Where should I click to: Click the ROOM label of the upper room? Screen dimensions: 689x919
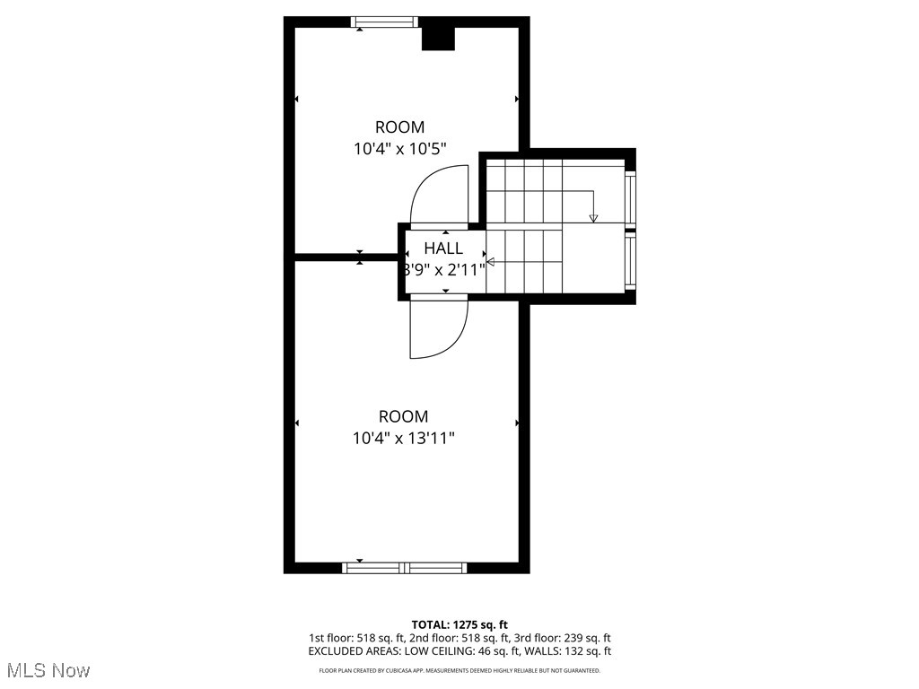click(399, 127)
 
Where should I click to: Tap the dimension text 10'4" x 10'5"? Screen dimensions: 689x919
click(399, 149)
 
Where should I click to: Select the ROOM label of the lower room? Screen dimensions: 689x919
click(403, 416)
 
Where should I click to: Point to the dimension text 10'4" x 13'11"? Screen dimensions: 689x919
click(403, 438)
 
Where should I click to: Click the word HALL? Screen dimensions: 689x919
click(443, 249)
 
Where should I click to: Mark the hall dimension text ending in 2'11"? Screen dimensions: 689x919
click(445, 269)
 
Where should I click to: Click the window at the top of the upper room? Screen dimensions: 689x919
click(384, 22)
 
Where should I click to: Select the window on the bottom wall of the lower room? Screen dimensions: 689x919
click(405, 567)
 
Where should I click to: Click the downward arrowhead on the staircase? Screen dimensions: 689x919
click(593, 217)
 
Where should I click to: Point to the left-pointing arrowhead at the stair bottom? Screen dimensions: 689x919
click(490, 262)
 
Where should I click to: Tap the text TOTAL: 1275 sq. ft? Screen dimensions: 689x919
click(459, 624)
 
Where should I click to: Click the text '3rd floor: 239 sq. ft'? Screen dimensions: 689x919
click(569, 638)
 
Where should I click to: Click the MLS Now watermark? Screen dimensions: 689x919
click(48, 670)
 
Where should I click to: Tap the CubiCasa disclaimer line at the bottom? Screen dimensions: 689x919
click(459, 670)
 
